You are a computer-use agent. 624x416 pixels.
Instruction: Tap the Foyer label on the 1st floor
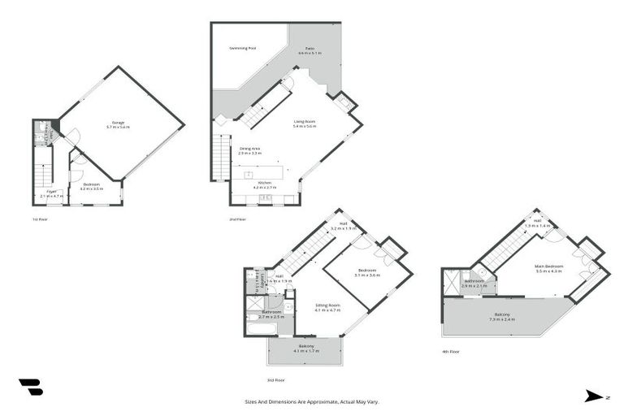point(51,192)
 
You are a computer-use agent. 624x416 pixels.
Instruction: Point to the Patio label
point(310,49)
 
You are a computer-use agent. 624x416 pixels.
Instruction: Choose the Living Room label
point(304,122)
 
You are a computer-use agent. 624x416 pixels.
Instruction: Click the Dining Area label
point(249,148)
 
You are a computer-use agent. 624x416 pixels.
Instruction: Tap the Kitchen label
point(264,184)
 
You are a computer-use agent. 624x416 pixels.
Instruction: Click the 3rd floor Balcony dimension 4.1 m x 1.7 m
point(306,351)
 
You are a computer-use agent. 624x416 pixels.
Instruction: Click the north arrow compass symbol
point(593,396)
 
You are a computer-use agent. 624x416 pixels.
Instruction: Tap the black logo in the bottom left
point(30,387)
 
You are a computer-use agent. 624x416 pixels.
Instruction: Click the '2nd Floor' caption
point(237,219)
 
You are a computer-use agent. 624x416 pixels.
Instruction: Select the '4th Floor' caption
point(451,351)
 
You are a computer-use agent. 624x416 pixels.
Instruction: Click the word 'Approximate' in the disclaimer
point(314,401)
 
